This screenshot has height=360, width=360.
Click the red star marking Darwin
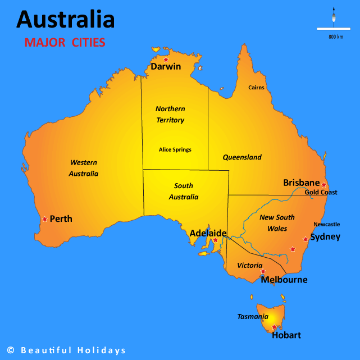click(x=166, y=60)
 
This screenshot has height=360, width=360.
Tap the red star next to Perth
click(x=44, y=219)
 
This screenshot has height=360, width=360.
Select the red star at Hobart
click(x=274, y=327)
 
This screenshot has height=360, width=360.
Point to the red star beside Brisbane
click(x=323, y=184)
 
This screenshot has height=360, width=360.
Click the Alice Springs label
click(x=175, y=149)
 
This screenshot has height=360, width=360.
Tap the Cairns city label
click(x=256, y=88)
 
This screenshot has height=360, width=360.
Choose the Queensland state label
click(x=242, y=157)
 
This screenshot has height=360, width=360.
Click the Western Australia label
click(x=84, y=168)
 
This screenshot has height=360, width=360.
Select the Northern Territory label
click(x=170, y=114)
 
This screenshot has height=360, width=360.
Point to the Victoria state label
click(x=249, y=265)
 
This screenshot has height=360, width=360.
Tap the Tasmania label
click(x=253, y=317)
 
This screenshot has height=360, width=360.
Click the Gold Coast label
click(x=321, y=193)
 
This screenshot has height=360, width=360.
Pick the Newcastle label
click(x=326, y=224)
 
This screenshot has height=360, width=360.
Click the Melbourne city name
click(x=284, y=280)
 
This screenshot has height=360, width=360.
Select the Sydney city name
click(x=325, y=236)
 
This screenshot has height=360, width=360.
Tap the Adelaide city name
click(x=208, y=233)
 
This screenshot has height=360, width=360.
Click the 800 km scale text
click(x=336, y=37)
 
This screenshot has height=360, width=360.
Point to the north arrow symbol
click(x=334, y=17)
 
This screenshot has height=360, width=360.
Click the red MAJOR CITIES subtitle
click(x=65, y=43)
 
